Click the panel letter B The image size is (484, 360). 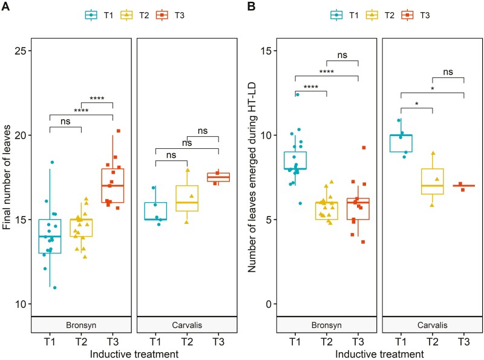[250, 9]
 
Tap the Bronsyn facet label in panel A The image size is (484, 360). [81, 325]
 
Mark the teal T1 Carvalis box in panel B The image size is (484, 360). [401, 143]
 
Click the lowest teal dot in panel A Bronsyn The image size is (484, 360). [54, 287]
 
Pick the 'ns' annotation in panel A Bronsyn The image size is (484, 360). [65, 120]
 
